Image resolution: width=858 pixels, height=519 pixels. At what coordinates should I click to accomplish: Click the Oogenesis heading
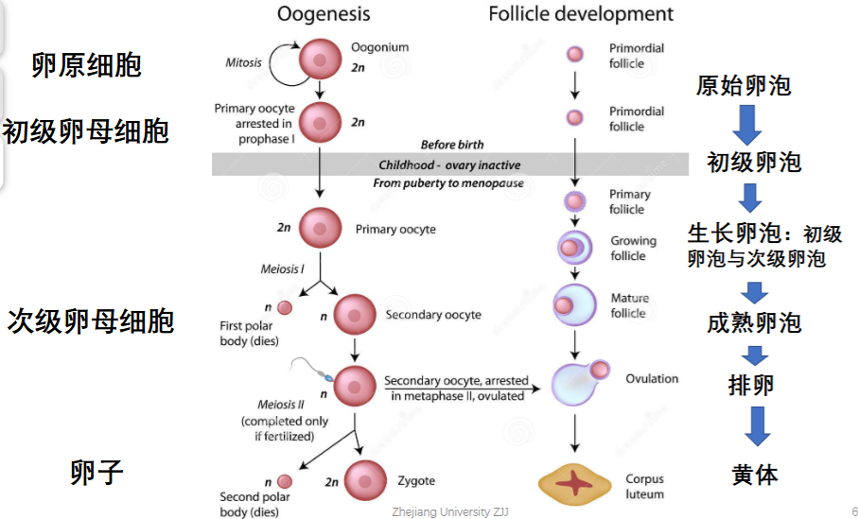(324, 13)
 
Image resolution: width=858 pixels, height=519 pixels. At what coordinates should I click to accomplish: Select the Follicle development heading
(581, 13)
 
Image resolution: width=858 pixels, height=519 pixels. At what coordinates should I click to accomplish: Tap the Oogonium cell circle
(320, 59)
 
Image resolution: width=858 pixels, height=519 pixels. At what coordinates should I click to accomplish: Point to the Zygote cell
(365, 481)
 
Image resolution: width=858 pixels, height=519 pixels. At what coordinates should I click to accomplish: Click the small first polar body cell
(285, 308)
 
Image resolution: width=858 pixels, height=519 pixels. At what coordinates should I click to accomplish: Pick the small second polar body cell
(285, 481)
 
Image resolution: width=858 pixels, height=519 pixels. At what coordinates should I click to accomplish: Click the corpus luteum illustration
(574, 483)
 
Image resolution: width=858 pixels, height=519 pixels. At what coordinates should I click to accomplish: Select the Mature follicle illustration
(574, 304)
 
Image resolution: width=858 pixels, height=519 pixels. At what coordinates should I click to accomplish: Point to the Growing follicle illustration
(574, 248)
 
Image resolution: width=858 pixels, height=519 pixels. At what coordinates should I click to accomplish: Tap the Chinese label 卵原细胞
(86, 65)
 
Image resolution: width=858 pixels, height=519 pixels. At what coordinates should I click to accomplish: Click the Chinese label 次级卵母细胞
(90, 321)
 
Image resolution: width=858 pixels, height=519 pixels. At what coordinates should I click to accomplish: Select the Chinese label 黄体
(755, 475)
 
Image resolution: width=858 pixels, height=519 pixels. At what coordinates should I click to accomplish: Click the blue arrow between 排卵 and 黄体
(758, 426)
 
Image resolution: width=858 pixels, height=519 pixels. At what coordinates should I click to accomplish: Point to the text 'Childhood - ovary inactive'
(449, 165)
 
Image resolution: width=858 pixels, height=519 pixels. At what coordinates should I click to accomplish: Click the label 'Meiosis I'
(282, 269)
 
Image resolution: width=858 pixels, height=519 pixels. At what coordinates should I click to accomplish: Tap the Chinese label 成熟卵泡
(754, 322)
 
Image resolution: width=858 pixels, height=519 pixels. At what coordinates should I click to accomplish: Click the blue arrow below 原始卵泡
(747, 125)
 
